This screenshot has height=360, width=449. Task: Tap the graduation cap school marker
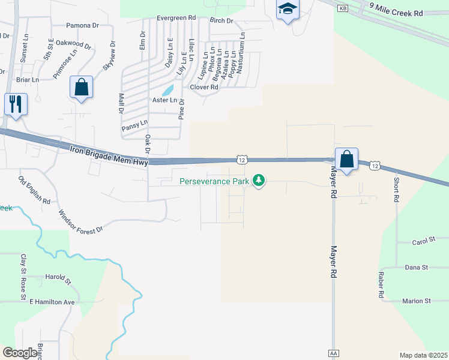(x=287, y=10)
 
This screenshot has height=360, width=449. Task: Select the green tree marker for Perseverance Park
(x=259, y=180)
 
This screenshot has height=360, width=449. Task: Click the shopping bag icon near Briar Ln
(x=82, y=88)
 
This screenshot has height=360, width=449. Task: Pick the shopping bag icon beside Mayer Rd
(x=346, y=160)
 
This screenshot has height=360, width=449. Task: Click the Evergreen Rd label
(x=176, y=18)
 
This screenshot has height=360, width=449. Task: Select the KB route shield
(x=342, y=8)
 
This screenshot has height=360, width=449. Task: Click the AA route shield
(x=334, y=353)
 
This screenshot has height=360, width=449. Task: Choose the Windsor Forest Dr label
(x=80, y=221)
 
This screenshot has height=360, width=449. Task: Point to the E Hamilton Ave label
(x=52, y=302)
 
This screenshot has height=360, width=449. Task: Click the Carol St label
(x=423, y=241)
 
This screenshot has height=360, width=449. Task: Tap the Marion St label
(x=417, y=301)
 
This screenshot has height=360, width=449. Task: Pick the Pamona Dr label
(x=82, y=25)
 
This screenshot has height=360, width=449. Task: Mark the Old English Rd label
(x=34, y=190)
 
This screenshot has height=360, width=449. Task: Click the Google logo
(x=20, y=353)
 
